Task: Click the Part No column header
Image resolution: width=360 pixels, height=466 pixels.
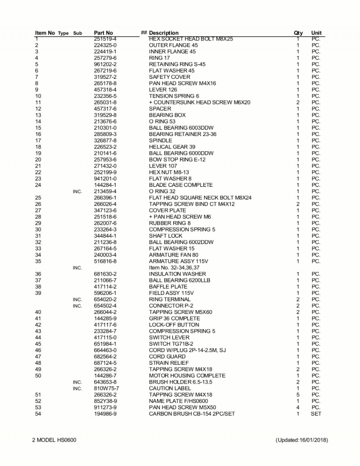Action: pos(103,33)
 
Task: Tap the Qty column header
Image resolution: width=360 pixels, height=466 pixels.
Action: pos(298,33)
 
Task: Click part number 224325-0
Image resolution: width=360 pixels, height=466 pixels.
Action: pos(105,45)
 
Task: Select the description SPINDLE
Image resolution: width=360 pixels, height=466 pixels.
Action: pos(160,140)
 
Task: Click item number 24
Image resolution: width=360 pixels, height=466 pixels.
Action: pos(38,185)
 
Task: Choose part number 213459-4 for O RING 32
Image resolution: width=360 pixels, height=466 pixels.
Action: pos(105,191)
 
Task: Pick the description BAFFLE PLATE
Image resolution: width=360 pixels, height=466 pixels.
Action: pos(168,286)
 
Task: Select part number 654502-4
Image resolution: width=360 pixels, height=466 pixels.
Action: pos(105,306)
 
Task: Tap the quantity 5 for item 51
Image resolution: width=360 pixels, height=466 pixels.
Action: pos(298,394)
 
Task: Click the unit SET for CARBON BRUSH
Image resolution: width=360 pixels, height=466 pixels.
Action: pos(316,413)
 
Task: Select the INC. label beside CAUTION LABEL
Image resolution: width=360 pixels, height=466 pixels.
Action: pos(77,388)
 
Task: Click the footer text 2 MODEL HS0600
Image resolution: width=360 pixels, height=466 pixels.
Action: pos(54,439)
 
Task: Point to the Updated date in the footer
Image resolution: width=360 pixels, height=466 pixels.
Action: pos(301,439)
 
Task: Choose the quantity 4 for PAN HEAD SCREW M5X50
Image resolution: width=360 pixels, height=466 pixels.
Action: pos(298,407)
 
